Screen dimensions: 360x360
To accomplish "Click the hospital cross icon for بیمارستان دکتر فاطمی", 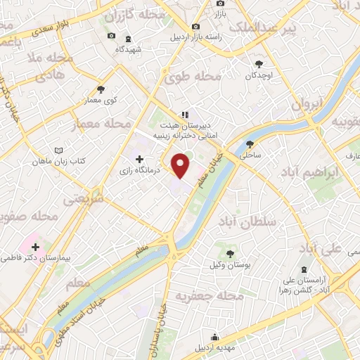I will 35,247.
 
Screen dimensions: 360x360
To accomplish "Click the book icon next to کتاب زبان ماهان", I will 58,150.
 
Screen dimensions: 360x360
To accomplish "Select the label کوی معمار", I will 103,101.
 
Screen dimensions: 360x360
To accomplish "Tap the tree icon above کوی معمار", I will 102,89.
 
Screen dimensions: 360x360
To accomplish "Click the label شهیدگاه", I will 128,49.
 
